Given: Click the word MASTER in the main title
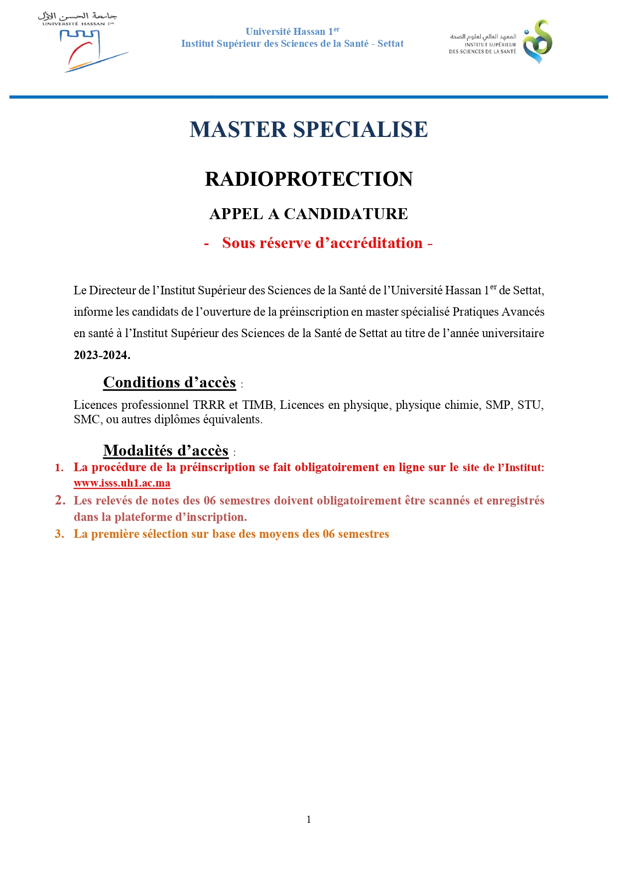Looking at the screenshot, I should click(x=238, y=130).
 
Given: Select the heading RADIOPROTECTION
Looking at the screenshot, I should click(x=309, y=179).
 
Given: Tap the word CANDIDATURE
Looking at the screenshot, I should click(x=346, y=214).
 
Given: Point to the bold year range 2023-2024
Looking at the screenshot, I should click(x=102, y=355).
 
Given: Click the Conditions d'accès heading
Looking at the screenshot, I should click(x=169, y=382).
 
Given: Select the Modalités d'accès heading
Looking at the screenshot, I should click(x=165, y=451).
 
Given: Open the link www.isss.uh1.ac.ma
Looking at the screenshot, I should click(x=122, y=483).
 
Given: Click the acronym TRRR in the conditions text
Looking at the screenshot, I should click(x=209, y=405).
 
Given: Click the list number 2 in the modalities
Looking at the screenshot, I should click(x=60, y=500).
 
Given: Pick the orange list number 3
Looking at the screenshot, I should click(x=59, y=534).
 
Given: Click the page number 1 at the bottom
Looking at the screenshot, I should click(x=309, y=819).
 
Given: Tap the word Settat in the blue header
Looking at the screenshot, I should click(x=390, y=44).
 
